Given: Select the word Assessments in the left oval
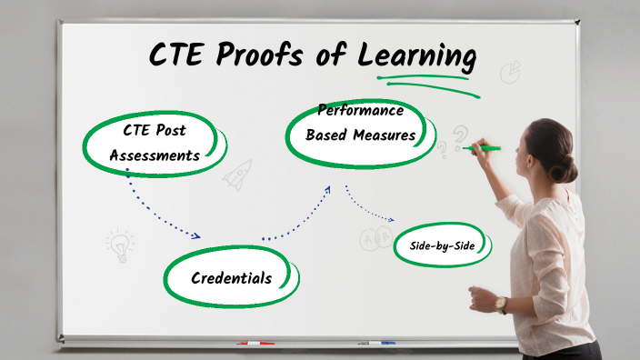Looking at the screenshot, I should pyautogui.click(x=155, y=155).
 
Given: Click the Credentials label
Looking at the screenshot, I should pyautogui.click(x=231, y=277).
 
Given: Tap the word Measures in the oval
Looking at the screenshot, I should pyautogui.click(x=385, y=135).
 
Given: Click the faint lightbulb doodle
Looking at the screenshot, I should pyautogui.click(x=119, y=244).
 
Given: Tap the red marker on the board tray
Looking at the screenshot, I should pyautogui.click(x=256, y=344).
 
